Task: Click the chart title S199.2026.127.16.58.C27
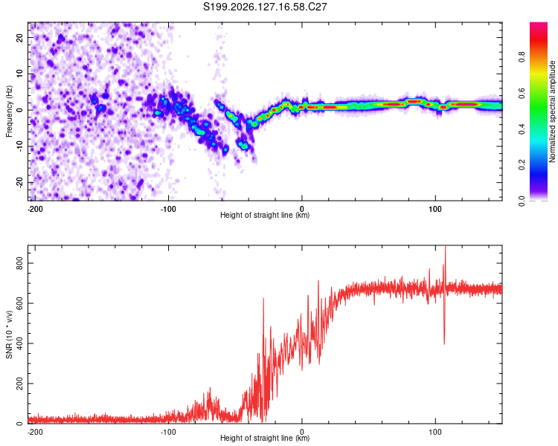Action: tap(265, 7)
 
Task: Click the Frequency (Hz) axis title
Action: tap(9, 111)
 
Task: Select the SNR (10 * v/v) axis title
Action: tap(9, 334)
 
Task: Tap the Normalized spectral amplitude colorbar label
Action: tap(552, 111)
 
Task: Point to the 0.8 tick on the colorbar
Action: tap(522, 56)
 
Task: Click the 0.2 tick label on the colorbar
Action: tap(522, 165)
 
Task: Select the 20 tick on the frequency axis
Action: tap(19, 38)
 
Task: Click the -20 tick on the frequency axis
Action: tap(19, 182)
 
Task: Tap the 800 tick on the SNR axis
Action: tap(19, 263)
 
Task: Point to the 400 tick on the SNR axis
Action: tap(19, 343)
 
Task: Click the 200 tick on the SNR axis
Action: tap(19, 384)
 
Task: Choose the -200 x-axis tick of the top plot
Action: tap(35, 209)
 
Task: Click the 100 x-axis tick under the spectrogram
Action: tap(435, 209)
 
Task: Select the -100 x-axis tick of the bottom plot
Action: tap(168, 432)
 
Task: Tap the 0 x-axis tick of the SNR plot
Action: tap(302, 432)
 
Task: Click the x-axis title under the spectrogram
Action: tap(265, 215)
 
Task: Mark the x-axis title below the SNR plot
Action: tap(265, 438)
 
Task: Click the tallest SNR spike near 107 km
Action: tap(445, 246)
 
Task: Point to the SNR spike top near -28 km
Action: tap(263, 298)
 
